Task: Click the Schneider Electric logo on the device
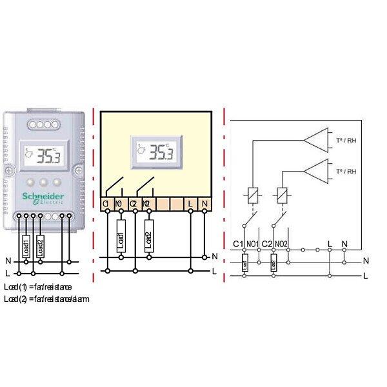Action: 44,197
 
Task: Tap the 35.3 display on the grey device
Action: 43,154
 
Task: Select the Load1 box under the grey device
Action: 26,247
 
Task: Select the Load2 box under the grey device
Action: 40,247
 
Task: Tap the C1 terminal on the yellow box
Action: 106,204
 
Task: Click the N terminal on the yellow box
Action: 205,204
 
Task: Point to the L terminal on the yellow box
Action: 190,204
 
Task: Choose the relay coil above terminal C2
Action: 281,193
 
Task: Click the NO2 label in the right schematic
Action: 282,244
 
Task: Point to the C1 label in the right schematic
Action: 237,244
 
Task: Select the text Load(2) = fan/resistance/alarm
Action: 46,299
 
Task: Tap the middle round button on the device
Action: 44,182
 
